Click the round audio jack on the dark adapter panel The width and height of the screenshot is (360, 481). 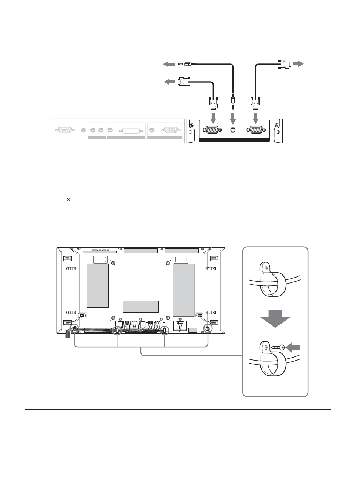pyautogui.click(x=233, y=130)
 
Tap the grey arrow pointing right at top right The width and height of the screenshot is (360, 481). pyautogui.click(x=298, y=64)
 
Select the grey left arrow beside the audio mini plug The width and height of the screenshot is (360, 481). pyautogui.click(x=169, y=65)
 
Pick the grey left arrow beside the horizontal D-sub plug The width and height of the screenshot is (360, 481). pyautogui.click(x=169, y=81)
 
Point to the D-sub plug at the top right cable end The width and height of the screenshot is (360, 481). pyautogui.click(x=285, y=64)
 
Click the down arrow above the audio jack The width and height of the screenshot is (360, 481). pyautogui.click(x=233, y=118)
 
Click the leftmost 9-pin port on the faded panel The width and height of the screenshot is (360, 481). pyautogui.click(x=65, y=130)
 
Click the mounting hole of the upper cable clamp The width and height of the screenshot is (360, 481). pyautogui.click(x=266, y=268)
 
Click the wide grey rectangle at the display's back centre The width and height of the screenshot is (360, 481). pyautogui.click(x=141, y=307)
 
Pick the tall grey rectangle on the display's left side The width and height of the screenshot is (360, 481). pyautogui.click(x=98, y=285)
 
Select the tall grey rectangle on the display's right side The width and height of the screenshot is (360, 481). pyautogui.click(x=184, y=290)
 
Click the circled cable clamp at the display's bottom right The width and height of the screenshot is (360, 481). pyautogui.click(x=207, y=329)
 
